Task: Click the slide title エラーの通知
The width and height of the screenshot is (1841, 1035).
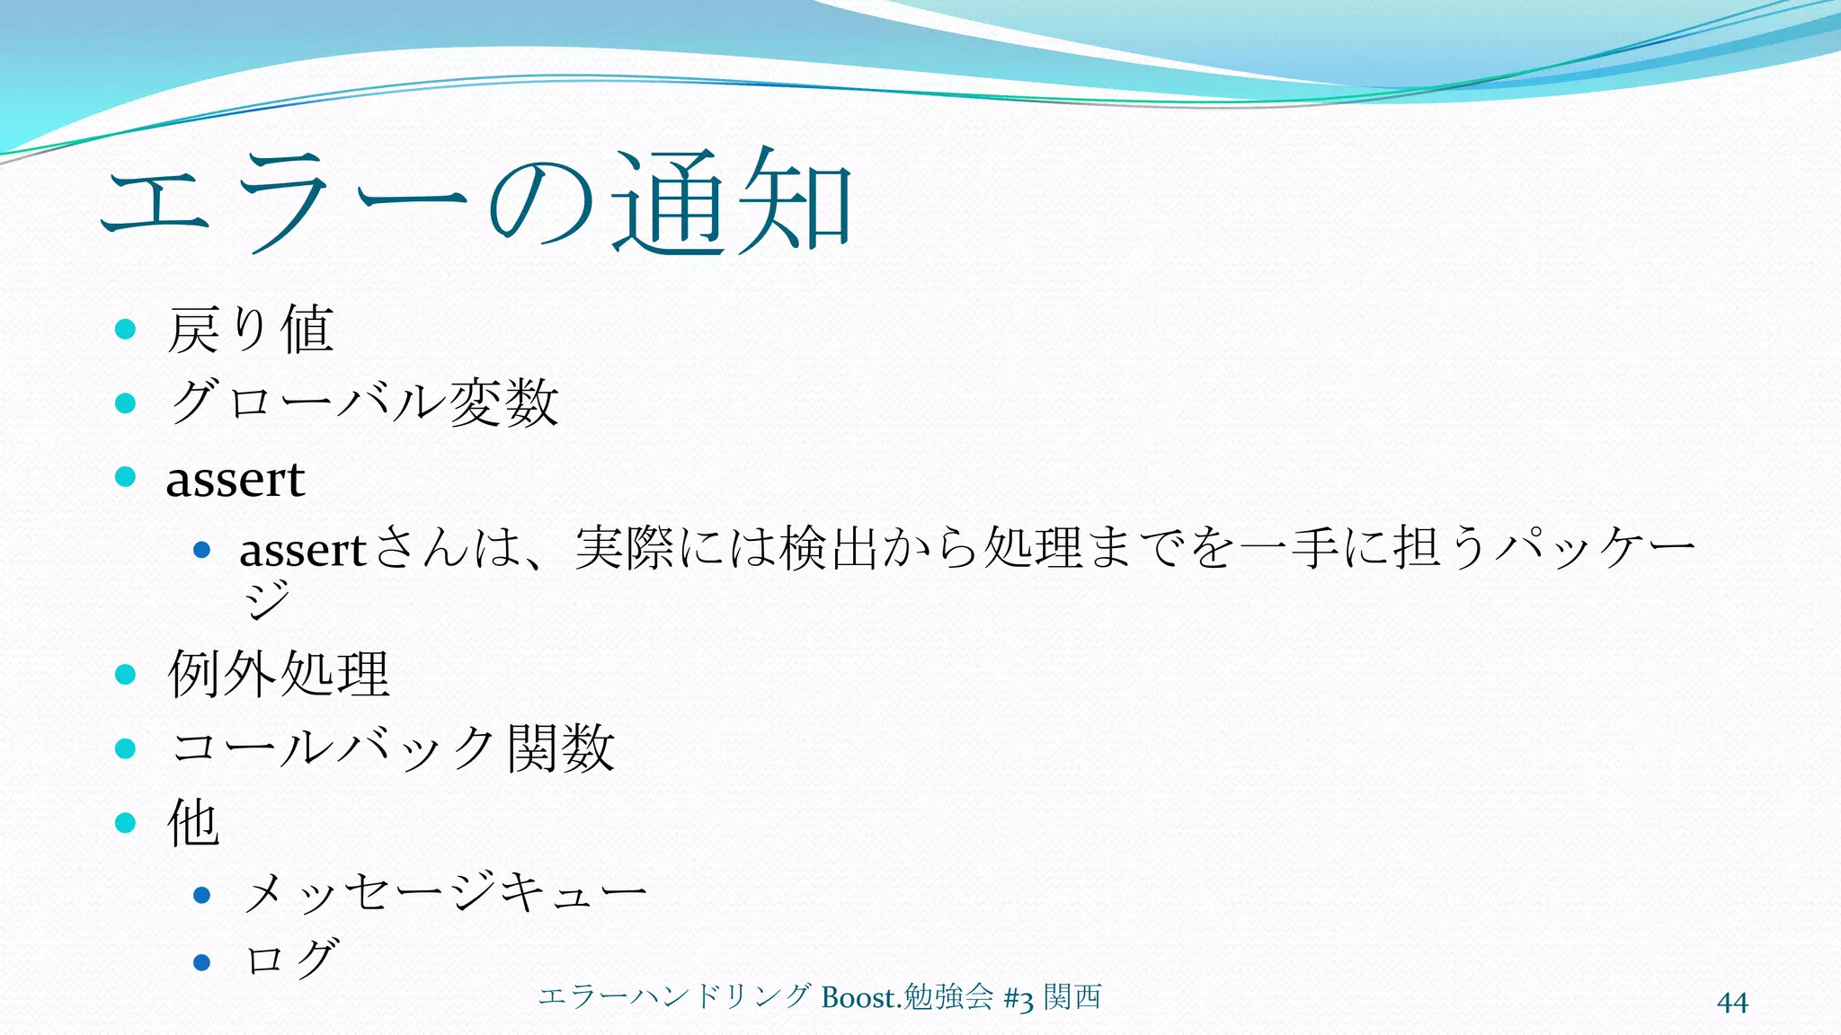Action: pos(476,201)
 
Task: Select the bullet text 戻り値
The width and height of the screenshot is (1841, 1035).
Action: pos(251,330)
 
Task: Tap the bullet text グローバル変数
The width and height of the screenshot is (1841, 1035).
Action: pos(364,402)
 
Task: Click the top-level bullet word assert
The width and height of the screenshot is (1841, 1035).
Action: pos(236,479)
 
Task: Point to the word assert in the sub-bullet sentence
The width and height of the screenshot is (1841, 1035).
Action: pos(302,550)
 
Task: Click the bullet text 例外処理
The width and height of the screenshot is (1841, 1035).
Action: pos(279,674)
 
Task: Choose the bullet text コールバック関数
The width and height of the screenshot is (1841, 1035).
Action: pos(393,748)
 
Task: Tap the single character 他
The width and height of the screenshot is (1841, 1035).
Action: pos(193,822)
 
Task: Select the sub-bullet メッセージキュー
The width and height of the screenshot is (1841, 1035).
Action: pos(445,894)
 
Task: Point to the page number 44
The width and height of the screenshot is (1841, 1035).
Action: pos(1732,1002)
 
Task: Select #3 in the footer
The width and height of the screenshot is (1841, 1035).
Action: pos(1018,998)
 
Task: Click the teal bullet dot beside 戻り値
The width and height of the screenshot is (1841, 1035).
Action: pos(126,330)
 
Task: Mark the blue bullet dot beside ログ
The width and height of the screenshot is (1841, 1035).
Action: pos(202,963)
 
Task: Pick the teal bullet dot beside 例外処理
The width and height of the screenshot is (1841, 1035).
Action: pos(126,674)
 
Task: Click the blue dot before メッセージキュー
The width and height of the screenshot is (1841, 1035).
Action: pos(202,895)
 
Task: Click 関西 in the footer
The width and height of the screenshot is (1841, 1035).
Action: pos(1072,996)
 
